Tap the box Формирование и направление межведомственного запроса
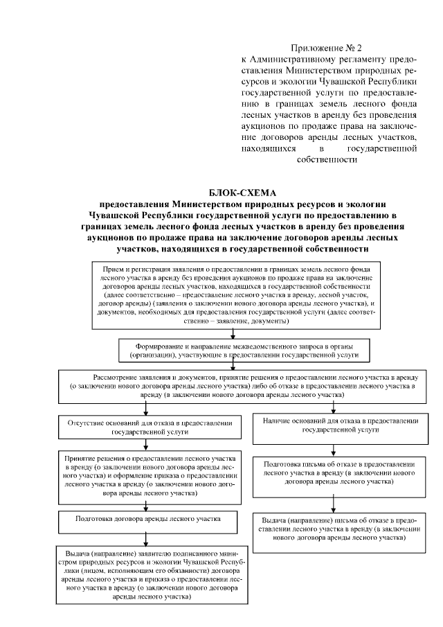coord(238,350)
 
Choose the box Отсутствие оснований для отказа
coord(146,425)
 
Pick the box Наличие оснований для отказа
coord(335,425)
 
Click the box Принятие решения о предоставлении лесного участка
coord(146,477)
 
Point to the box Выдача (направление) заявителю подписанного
coord(146,576)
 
